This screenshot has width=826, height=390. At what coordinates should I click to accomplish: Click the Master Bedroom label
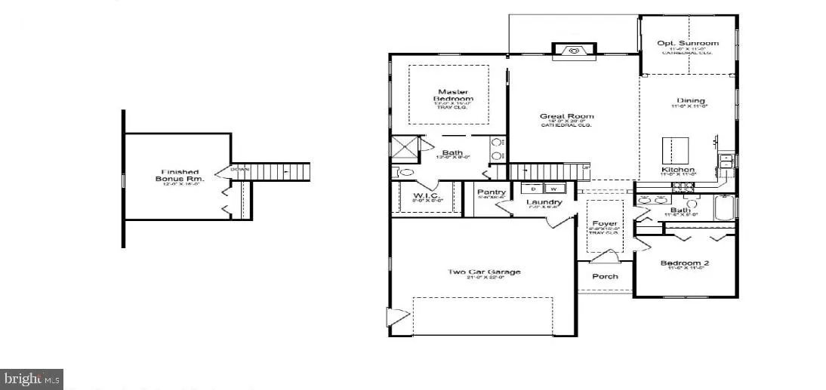[453, 96]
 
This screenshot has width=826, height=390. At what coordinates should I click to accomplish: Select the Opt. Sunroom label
[688, 44]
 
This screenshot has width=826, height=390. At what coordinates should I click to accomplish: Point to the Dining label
[691, 100]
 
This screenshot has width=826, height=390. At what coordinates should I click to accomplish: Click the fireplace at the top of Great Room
[573, 51]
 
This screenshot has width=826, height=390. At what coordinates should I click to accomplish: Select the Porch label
[605, 276]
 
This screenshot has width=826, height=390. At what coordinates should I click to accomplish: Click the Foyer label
[605, 223]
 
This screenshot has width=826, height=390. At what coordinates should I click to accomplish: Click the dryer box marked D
[535, 189]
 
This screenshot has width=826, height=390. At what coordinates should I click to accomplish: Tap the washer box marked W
[554, 189]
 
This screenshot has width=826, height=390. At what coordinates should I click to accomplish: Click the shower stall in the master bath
[404, 149]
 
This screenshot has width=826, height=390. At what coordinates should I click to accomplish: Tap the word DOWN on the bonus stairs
[239, 169]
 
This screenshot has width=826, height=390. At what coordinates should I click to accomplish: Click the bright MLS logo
[32, 378]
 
